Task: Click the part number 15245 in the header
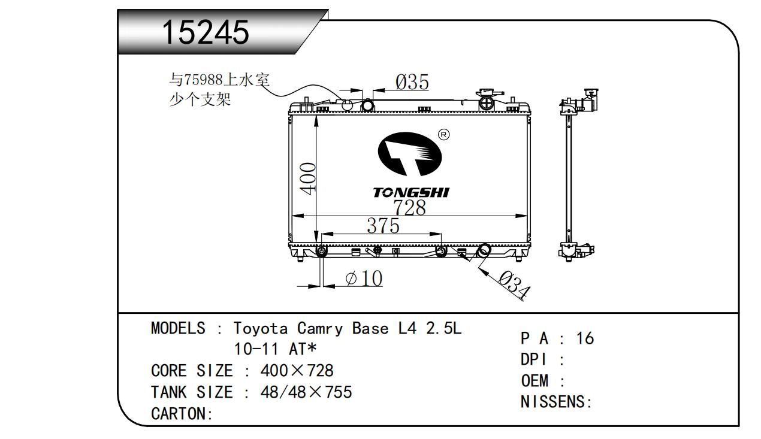click(206, 32)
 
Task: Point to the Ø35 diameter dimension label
click(412, 82)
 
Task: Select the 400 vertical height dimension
click(308, 178)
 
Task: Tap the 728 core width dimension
click(409, 207)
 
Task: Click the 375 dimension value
click(383, 226)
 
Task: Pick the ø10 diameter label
click(364, 278)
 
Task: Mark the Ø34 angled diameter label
click(514, 284)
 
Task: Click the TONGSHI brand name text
click(411, 192)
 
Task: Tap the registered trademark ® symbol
click(443, 134)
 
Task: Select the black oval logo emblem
click(410, 154)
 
